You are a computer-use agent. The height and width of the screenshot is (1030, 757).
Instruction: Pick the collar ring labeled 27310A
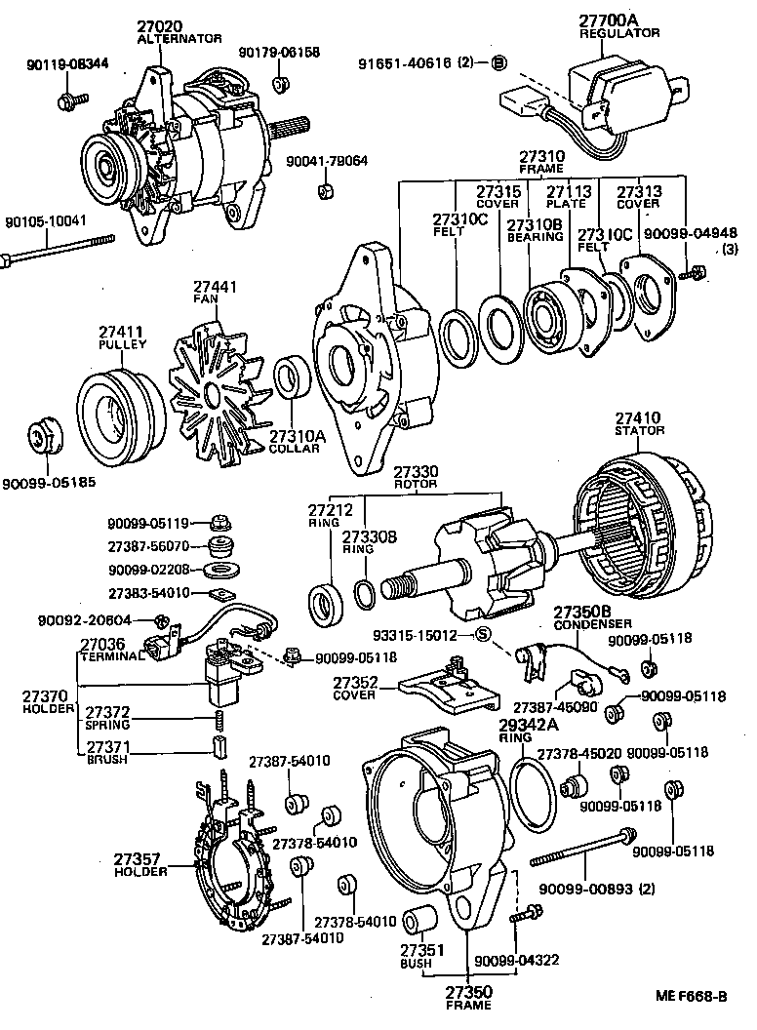click(x=290, y=378)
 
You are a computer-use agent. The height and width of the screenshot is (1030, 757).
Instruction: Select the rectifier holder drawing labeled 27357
click(x=231, y=858)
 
